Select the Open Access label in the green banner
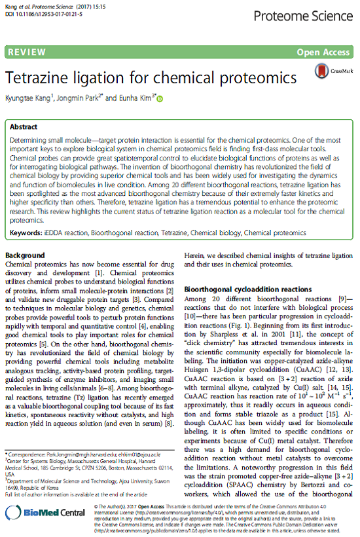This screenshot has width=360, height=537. [x=323, y=52]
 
